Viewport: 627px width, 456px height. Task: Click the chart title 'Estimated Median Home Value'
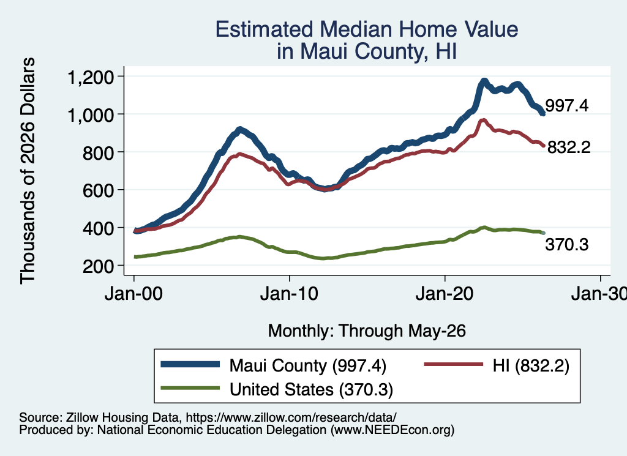(x=367, y=29)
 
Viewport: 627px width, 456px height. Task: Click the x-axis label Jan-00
(x=133, y=294)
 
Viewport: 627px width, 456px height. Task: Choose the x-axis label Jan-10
(x=289, y=294)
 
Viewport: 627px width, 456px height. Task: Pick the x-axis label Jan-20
(x=445, y=294)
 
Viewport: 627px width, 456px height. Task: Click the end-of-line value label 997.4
(x=566, y=106)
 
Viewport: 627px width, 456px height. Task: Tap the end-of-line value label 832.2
(x=569, y=148)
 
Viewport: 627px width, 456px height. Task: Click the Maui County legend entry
(x=274, y=365)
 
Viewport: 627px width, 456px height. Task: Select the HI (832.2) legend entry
(x=496, y=365)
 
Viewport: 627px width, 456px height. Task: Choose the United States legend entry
(x=277, y=389)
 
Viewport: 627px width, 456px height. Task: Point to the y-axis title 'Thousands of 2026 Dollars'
(x=28, y=171)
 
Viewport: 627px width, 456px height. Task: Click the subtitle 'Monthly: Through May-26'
(x=367, y=331)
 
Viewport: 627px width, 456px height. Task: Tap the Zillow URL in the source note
(x=291, y=417)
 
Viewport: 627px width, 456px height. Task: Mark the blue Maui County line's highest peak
(x=484, y=81)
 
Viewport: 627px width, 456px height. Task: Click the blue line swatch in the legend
(x=190, y=364)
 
